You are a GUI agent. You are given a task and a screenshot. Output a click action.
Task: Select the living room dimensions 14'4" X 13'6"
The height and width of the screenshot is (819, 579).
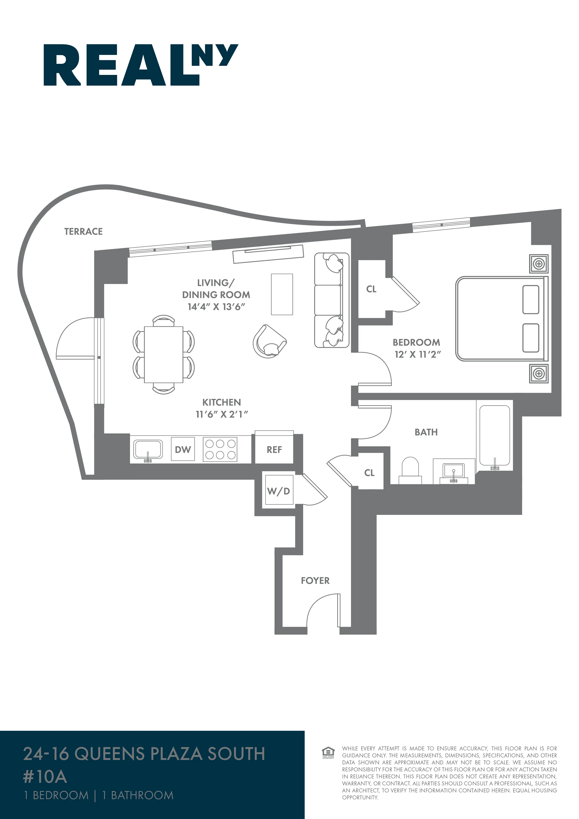tap(216, 307)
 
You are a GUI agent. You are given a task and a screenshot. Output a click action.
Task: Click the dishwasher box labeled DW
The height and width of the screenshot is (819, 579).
tap(183, 450)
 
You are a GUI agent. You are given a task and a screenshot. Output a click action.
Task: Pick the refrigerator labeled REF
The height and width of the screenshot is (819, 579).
tap(274, 450)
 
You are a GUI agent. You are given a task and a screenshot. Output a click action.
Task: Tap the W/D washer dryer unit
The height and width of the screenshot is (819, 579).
tap(278, 491)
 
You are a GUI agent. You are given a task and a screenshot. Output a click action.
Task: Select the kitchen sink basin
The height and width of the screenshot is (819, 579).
tap(148, 449)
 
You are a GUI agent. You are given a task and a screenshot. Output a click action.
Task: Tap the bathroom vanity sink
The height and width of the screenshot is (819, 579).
tap(453, 471)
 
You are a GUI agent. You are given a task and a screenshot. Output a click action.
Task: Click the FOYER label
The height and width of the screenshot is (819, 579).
tap(315, 581)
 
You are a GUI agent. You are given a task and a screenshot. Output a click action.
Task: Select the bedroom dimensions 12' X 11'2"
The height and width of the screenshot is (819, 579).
tap(418, 355)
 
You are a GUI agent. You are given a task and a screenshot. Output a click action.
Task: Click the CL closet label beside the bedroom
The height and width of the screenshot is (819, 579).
tap(371, 289)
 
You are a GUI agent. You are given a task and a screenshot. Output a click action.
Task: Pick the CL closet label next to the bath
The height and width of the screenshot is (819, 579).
tap(369, 473)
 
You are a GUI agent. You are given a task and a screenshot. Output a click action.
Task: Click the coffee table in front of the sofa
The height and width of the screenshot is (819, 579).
tap(282, 294)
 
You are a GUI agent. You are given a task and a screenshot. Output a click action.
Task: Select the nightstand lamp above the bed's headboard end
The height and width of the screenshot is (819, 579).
tap(539, 264)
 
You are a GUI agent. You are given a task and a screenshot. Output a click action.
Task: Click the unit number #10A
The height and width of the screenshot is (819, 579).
tap(45, 777)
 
